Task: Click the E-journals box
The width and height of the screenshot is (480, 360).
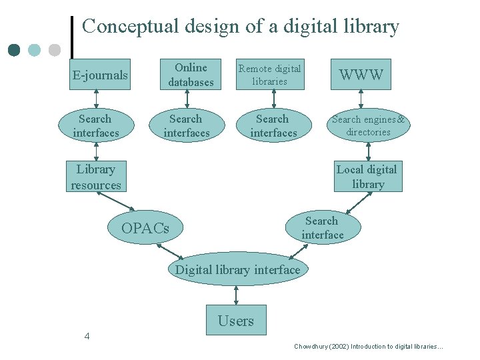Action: coord(100,75)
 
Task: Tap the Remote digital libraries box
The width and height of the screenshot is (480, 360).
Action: coord(270,75)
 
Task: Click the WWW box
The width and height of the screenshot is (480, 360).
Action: coord(361,75)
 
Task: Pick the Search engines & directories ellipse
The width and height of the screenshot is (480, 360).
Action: coord(369,125)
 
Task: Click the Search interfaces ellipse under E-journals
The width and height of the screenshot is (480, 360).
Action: coord(96,125)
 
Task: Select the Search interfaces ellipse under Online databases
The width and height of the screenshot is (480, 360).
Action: coord(186,125)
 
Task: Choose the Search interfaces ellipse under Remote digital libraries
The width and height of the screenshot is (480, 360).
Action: coord(273,125)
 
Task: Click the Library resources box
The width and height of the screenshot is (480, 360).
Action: coord(96,177)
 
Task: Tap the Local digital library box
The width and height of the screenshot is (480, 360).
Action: coord(368,177)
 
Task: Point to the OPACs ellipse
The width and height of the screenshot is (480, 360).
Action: coord(145,228)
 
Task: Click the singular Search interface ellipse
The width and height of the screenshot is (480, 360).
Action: coord(323,228)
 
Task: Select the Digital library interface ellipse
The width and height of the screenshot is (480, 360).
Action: coord(237,269)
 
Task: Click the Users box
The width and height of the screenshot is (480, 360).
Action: coord(236,321)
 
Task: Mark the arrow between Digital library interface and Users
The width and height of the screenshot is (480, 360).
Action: coord(236,295)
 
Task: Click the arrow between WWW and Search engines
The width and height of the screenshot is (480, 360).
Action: coord(361,99)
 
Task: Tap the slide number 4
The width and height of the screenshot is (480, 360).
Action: coord(87,336)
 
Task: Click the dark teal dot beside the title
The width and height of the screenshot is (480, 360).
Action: coord(15,50)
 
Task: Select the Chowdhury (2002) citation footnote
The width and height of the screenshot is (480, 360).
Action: coord(368,347)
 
